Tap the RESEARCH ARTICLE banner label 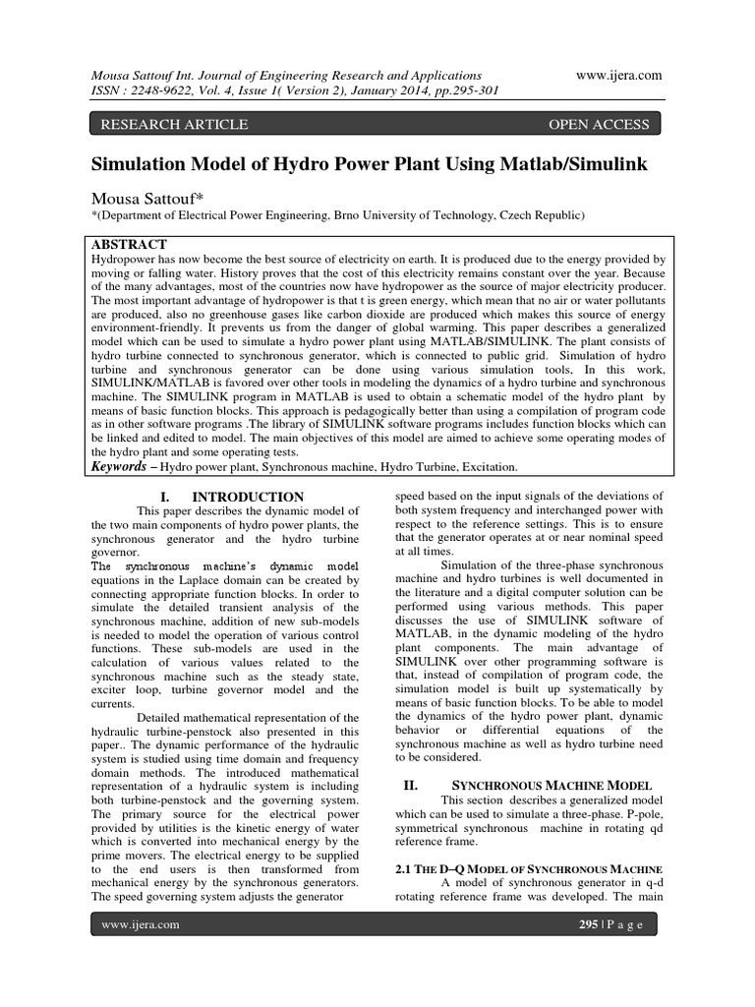[x=169, y=124]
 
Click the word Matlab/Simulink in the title [x=564, y=163]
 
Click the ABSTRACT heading [x=129, y=244]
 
